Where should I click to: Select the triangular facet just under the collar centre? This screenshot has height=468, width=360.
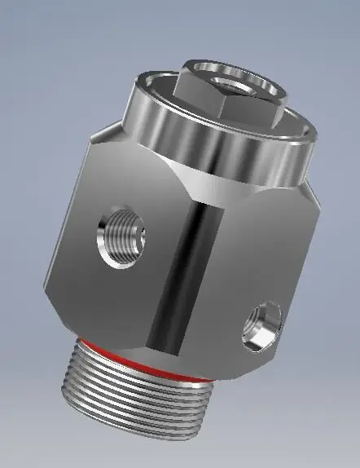[x=208, y=189]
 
